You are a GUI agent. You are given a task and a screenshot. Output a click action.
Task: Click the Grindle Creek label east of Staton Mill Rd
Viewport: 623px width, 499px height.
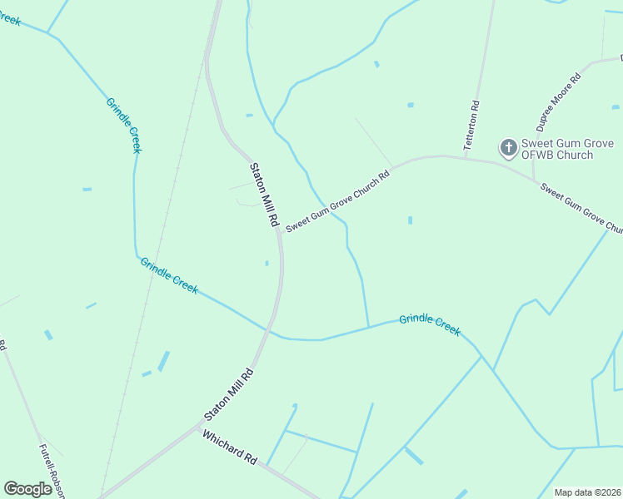(429, 324)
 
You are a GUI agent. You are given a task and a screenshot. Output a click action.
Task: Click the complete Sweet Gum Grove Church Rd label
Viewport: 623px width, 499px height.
(337, 202)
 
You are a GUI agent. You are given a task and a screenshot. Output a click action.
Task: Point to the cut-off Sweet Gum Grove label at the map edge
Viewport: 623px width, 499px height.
(581, 208)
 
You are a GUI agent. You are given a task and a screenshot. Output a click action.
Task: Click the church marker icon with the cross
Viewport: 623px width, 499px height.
(507, 148)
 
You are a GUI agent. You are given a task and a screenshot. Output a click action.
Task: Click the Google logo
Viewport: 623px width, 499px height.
(28, 489)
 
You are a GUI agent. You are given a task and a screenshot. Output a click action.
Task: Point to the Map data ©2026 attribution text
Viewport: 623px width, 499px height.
(588, 492)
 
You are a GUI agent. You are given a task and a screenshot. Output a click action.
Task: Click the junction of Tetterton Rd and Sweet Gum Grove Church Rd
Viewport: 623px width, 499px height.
(465, 156)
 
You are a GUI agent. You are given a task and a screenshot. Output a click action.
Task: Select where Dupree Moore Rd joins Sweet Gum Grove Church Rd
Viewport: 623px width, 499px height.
(534, 179)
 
